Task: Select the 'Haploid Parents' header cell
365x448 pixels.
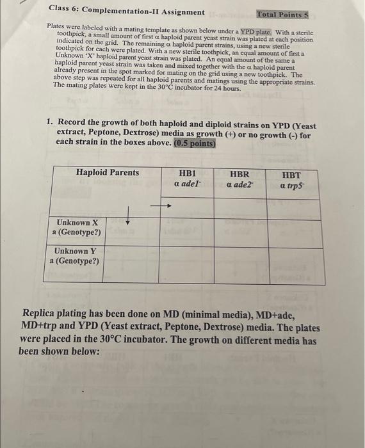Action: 107,173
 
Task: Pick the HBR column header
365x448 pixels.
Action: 240,173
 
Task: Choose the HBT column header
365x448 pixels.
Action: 291,174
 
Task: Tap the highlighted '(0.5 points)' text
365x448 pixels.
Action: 194,143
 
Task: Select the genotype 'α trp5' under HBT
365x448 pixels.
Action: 291,186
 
